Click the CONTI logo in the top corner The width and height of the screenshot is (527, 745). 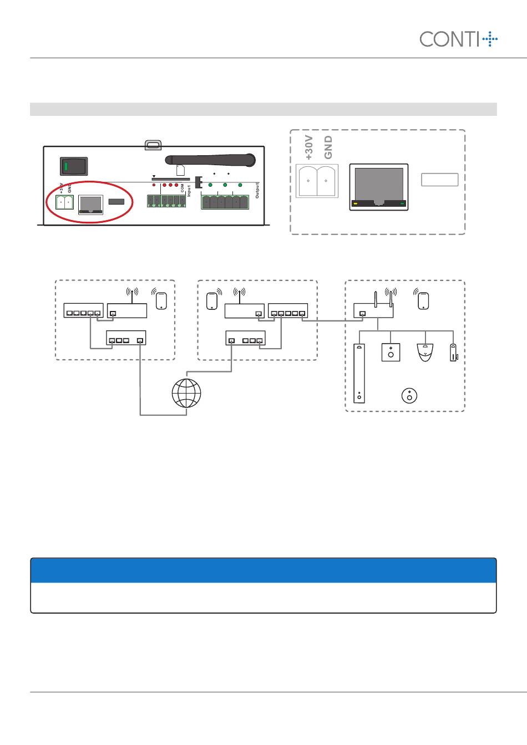458,39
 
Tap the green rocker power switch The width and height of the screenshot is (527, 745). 73,166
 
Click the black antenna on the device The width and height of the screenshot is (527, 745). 211,160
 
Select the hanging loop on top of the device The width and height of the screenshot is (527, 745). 152,145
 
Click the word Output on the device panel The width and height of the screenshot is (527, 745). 257,190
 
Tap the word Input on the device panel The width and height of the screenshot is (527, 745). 189,191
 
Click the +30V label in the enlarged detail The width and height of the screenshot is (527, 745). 310,147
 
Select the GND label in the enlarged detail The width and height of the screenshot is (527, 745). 328,147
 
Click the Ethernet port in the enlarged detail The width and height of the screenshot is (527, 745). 379,187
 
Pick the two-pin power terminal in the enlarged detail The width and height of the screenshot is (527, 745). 317,181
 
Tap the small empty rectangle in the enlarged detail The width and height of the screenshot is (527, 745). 440,180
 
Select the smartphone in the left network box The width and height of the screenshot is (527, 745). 161,301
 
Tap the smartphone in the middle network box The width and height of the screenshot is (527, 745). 211,301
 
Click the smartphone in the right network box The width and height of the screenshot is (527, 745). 424,301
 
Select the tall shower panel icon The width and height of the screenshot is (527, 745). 359,373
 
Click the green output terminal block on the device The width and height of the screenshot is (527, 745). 225,202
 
